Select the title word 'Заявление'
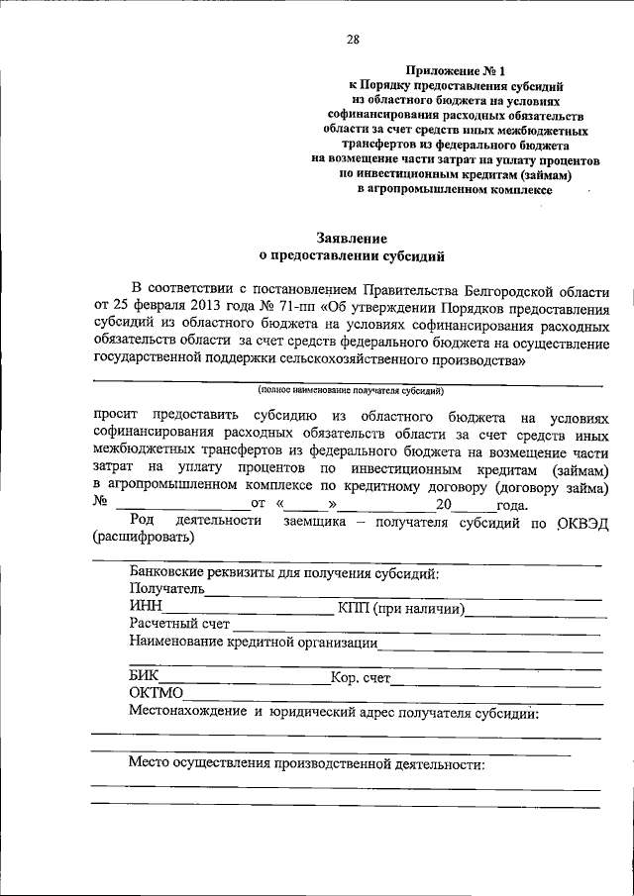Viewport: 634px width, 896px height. point(353,239)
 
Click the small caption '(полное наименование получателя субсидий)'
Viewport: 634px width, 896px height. point(351,392)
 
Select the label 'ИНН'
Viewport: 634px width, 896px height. point(147,608)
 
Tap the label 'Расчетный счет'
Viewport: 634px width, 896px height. point(179,625)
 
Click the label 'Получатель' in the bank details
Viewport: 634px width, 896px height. point(166,591)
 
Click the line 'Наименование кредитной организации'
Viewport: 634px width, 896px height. point(253,643)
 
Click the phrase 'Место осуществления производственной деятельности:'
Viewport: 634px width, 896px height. point(307,765)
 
